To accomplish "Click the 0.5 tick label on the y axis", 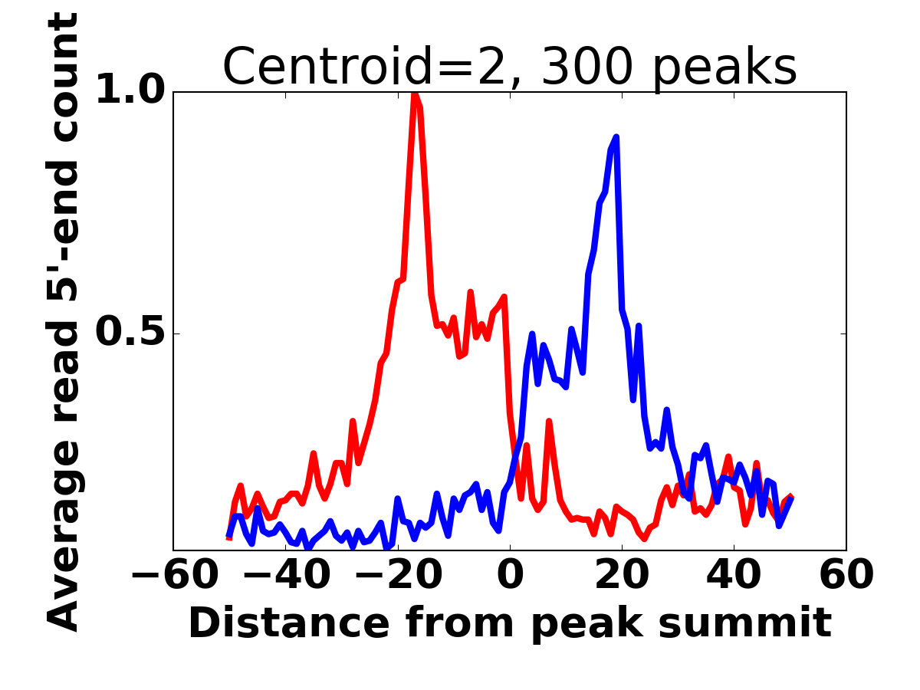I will [130, 333].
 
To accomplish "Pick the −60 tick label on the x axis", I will [174, 575].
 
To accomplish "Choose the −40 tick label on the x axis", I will [286, 575].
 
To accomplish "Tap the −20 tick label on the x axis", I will [398, 575].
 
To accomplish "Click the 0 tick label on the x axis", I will [510, 575].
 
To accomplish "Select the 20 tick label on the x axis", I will [622, 575].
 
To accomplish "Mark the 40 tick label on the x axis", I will [734, 575].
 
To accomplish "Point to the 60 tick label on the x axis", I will [846, 575].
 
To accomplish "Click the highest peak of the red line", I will [415, 94].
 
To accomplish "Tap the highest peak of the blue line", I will [616, 137].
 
